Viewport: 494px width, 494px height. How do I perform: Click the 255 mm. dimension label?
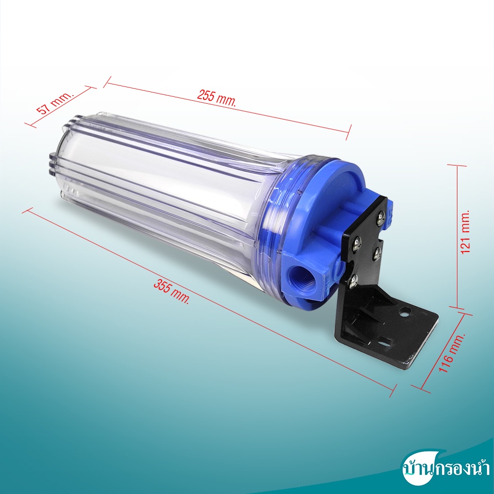click(x=216, y=98)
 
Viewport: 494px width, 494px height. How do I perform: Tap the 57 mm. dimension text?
click(x=55, y=103)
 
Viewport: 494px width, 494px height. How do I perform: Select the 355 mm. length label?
click(x=172, y=292)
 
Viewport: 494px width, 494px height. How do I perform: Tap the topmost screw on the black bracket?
click(x=380, y=218)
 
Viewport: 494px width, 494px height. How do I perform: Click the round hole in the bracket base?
click(x=404, y=313)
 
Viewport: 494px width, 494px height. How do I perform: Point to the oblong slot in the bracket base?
click(x=385, y=341)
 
